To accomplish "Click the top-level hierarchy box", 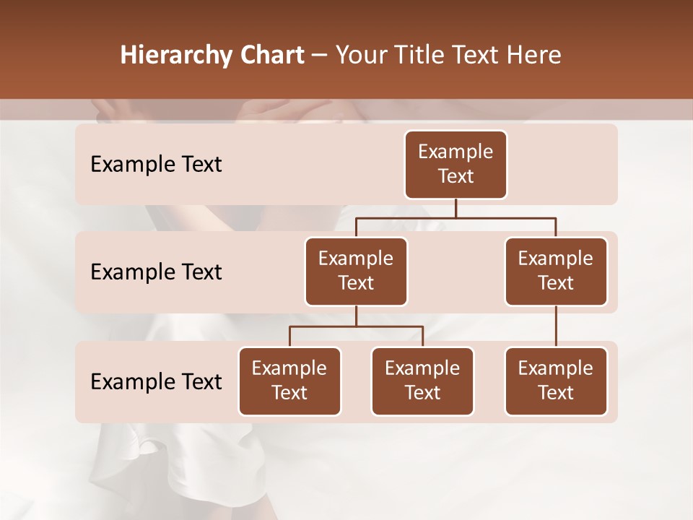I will click(x=456, y=164).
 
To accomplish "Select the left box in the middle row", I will click(x=356, y=271).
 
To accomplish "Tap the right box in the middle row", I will click(x=556, y=271).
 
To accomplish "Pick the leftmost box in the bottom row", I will click(x=289, y=381).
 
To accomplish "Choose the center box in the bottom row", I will click(x=422, y=381).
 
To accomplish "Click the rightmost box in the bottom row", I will click(x=556, y=381).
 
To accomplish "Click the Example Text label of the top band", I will click(x=156, y=164).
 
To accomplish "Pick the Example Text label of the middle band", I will click(x=156, y=272).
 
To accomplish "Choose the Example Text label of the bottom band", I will click(x=156, y=381).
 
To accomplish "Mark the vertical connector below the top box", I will click(x=456, y=208).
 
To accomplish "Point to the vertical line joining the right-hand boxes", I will click(x=556, y=326).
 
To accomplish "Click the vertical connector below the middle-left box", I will click(x=356, y=316).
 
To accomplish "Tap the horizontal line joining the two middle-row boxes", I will click(x=456, y=217).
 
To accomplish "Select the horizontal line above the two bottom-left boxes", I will click(x=356, y=326).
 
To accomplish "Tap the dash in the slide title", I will click(x=320, y=55).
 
